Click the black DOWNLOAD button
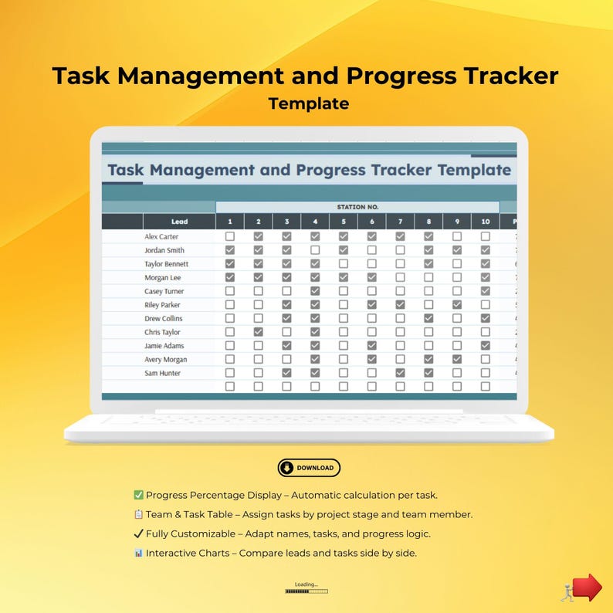coord(309,468)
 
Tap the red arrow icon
coord(587,588)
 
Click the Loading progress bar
coord(306,591)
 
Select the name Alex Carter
coord(161,237)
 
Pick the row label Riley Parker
coord(163,305)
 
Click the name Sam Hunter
coord(162,373)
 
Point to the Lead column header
coord(179,222)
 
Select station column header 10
coord(485,222)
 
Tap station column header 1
coord(229,222)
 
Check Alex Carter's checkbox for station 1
coord(229,237)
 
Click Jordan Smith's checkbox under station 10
coord(485,250)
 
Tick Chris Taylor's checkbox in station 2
coord(258,332)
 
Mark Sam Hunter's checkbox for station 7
coord(400,373)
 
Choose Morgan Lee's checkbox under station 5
coord(343,277)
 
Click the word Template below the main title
coord(309,103)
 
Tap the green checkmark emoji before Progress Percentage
coord(138,495)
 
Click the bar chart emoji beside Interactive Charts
coord(138,553)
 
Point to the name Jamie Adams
coord(164,346)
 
